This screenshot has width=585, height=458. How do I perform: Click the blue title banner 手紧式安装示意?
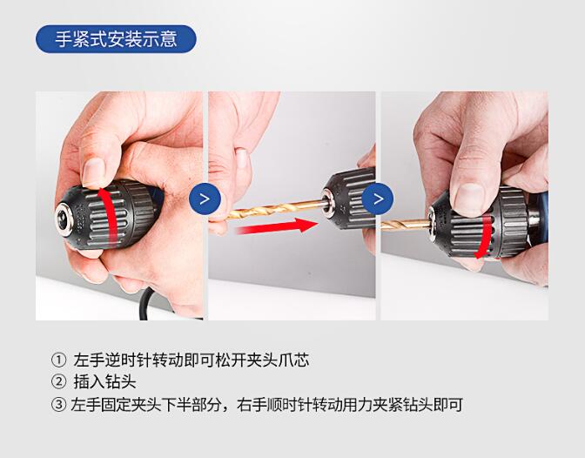(x=116, y=39)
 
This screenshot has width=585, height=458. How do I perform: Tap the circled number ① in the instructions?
(x=58, y=360)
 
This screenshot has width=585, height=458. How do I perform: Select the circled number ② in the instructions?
(x=58, y=382)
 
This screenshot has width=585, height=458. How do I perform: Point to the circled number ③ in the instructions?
(x=58, y=405)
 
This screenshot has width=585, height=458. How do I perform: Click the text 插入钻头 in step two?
(x=104, y=382)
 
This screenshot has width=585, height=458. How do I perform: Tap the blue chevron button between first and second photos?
(x=205, y=199)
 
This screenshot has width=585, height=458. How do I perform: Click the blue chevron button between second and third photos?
(x=378, y=199)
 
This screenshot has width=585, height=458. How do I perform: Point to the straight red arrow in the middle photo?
(x=277, y=226)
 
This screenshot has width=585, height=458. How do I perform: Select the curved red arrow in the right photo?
(x=487, y=236)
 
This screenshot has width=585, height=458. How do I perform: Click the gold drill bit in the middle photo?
(x=275, y=209)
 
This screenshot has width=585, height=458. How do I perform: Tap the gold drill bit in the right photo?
(x=406, y=225)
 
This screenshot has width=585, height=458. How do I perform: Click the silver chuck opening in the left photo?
(x=64, y=219)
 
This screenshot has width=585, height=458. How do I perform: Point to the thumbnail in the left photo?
(x=94, y=172)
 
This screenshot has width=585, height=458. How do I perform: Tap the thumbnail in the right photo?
(x=469, y=199)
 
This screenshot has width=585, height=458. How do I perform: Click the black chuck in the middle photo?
(x=349, y=199)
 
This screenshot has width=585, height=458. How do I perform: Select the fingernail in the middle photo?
(x=241, y=158)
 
